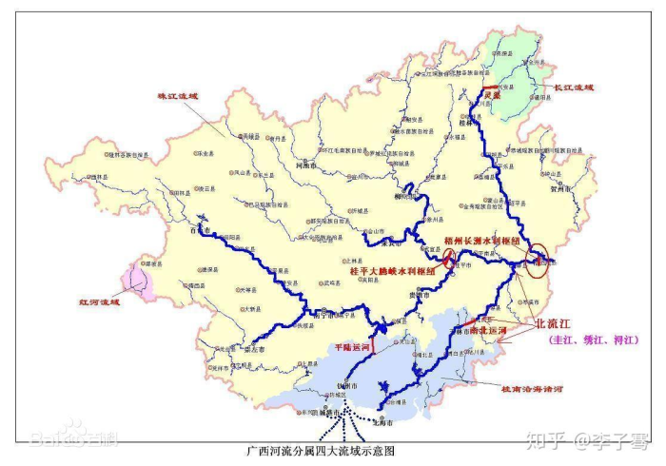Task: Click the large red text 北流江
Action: click(558, 323)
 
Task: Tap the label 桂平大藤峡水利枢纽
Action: click(392, 270)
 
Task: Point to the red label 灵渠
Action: click(491, 95)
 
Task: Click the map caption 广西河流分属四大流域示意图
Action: click(321, 451)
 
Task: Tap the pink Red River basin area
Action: click(138, 281)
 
